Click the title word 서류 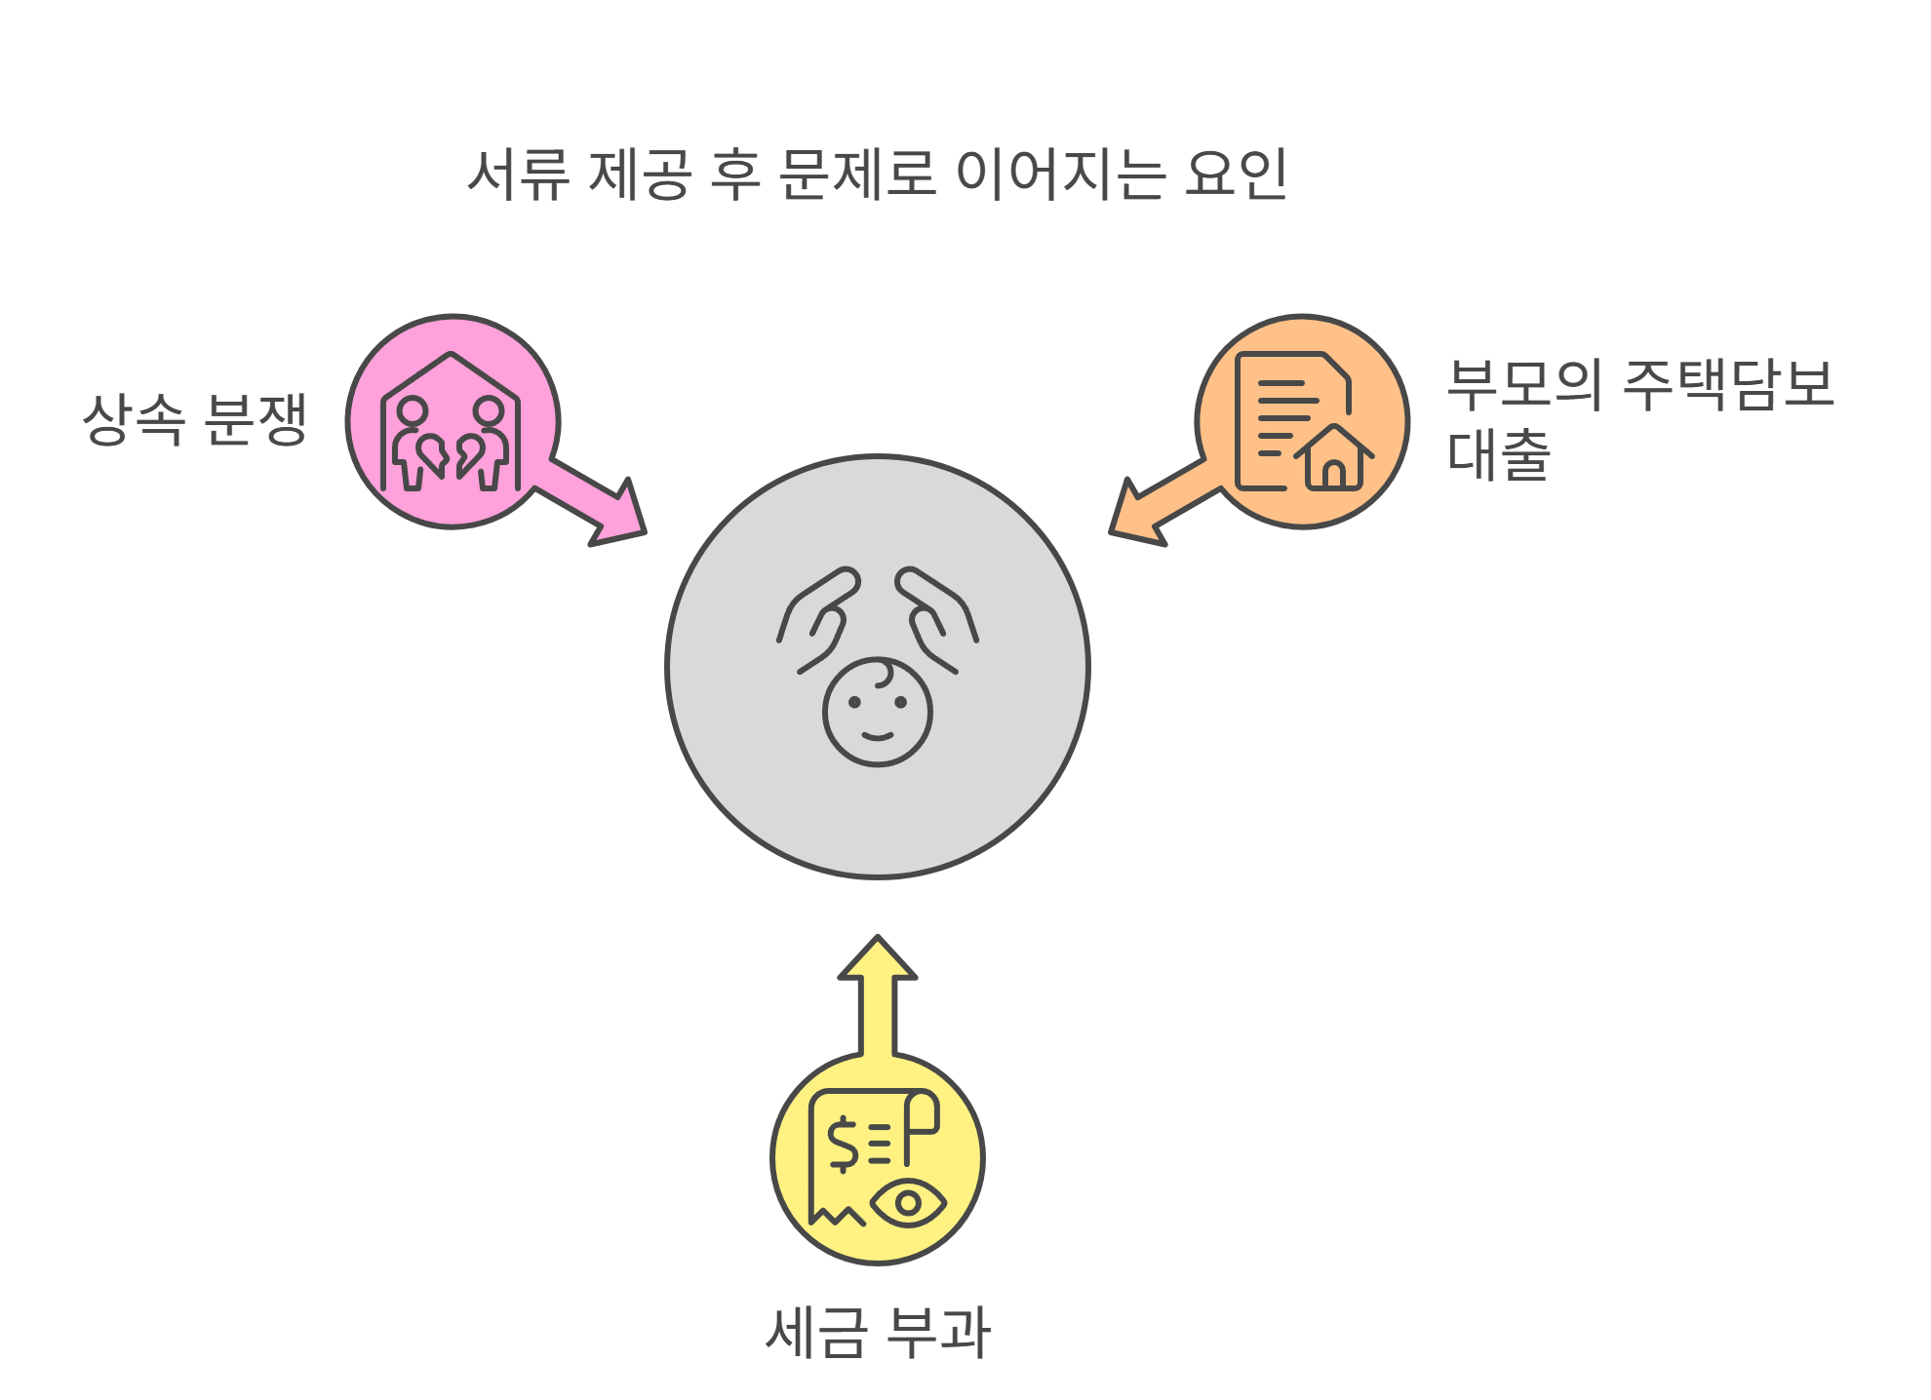tap(519, 175)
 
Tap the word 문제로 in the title tap(857, 175)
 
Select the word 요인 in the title tap(1236, 175)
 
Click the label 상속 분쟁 tap(195, 419)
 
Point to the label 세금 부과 tap(878, 1332)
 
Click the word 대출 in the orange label tap(1498, 454)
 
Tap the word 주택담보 tap(1728, 384)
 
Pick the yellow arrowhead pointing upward tap(878, 961)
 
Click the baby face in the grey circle tap(878, 713)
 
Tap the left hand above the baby tap(819, 618)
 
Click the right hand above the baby tap(936, 618)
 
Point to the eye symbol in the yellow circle tap(908, 1203)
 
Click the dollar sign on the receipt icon tap(843, 1144)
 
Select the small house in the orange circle tap(1334, 458)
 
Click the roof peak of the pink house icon tap(451, 356)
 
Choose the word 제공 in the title tap(640, 175)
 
